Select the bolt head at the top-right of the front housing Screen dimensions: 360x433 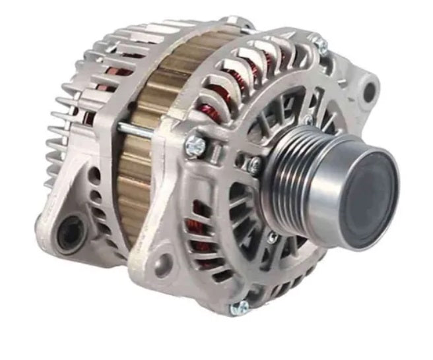320,44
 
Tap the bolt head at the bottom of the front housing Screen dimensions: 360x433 240,308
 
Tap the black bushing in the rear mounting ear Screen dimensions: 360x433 69,234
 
